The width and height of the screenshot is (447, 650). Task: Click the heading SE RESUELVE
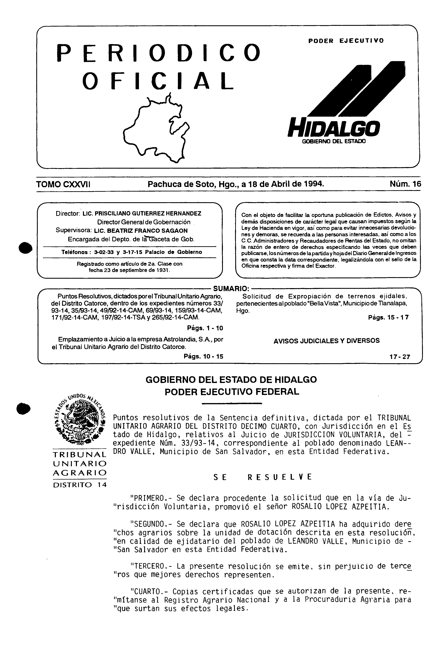pos(262,477)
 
